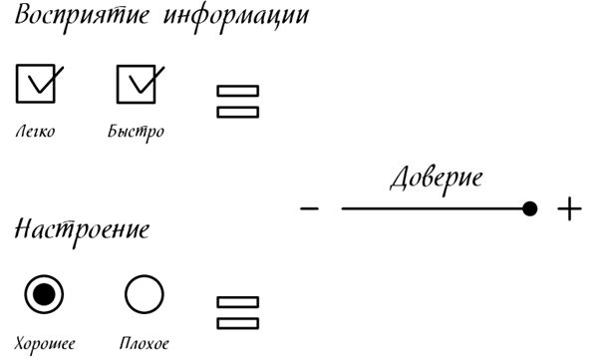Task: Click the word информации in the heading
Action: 235,18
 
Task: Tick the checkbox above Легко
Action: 36,84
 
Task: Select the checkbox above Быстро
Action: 137,84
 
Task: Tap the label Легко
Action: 36,132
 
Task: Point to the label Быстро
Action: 137,132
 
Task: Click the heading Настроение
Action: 82,230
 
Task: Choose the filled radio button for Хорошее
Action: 44,294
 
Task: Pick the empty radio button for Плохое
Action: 145,294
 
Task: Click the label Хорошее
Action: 45,344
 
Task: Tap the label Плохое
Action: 145,343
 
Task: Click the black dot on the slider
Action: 530,208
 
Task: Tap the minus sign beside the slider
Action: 309,208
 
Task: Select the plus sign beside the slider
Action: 569,208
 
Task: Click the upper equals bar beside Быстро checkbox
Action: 238,91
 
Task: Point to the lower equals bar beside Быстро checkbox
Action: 238,113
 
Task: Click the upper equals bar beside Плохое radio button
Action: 238,302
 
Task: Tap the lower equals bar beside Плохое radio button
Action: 238,324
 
